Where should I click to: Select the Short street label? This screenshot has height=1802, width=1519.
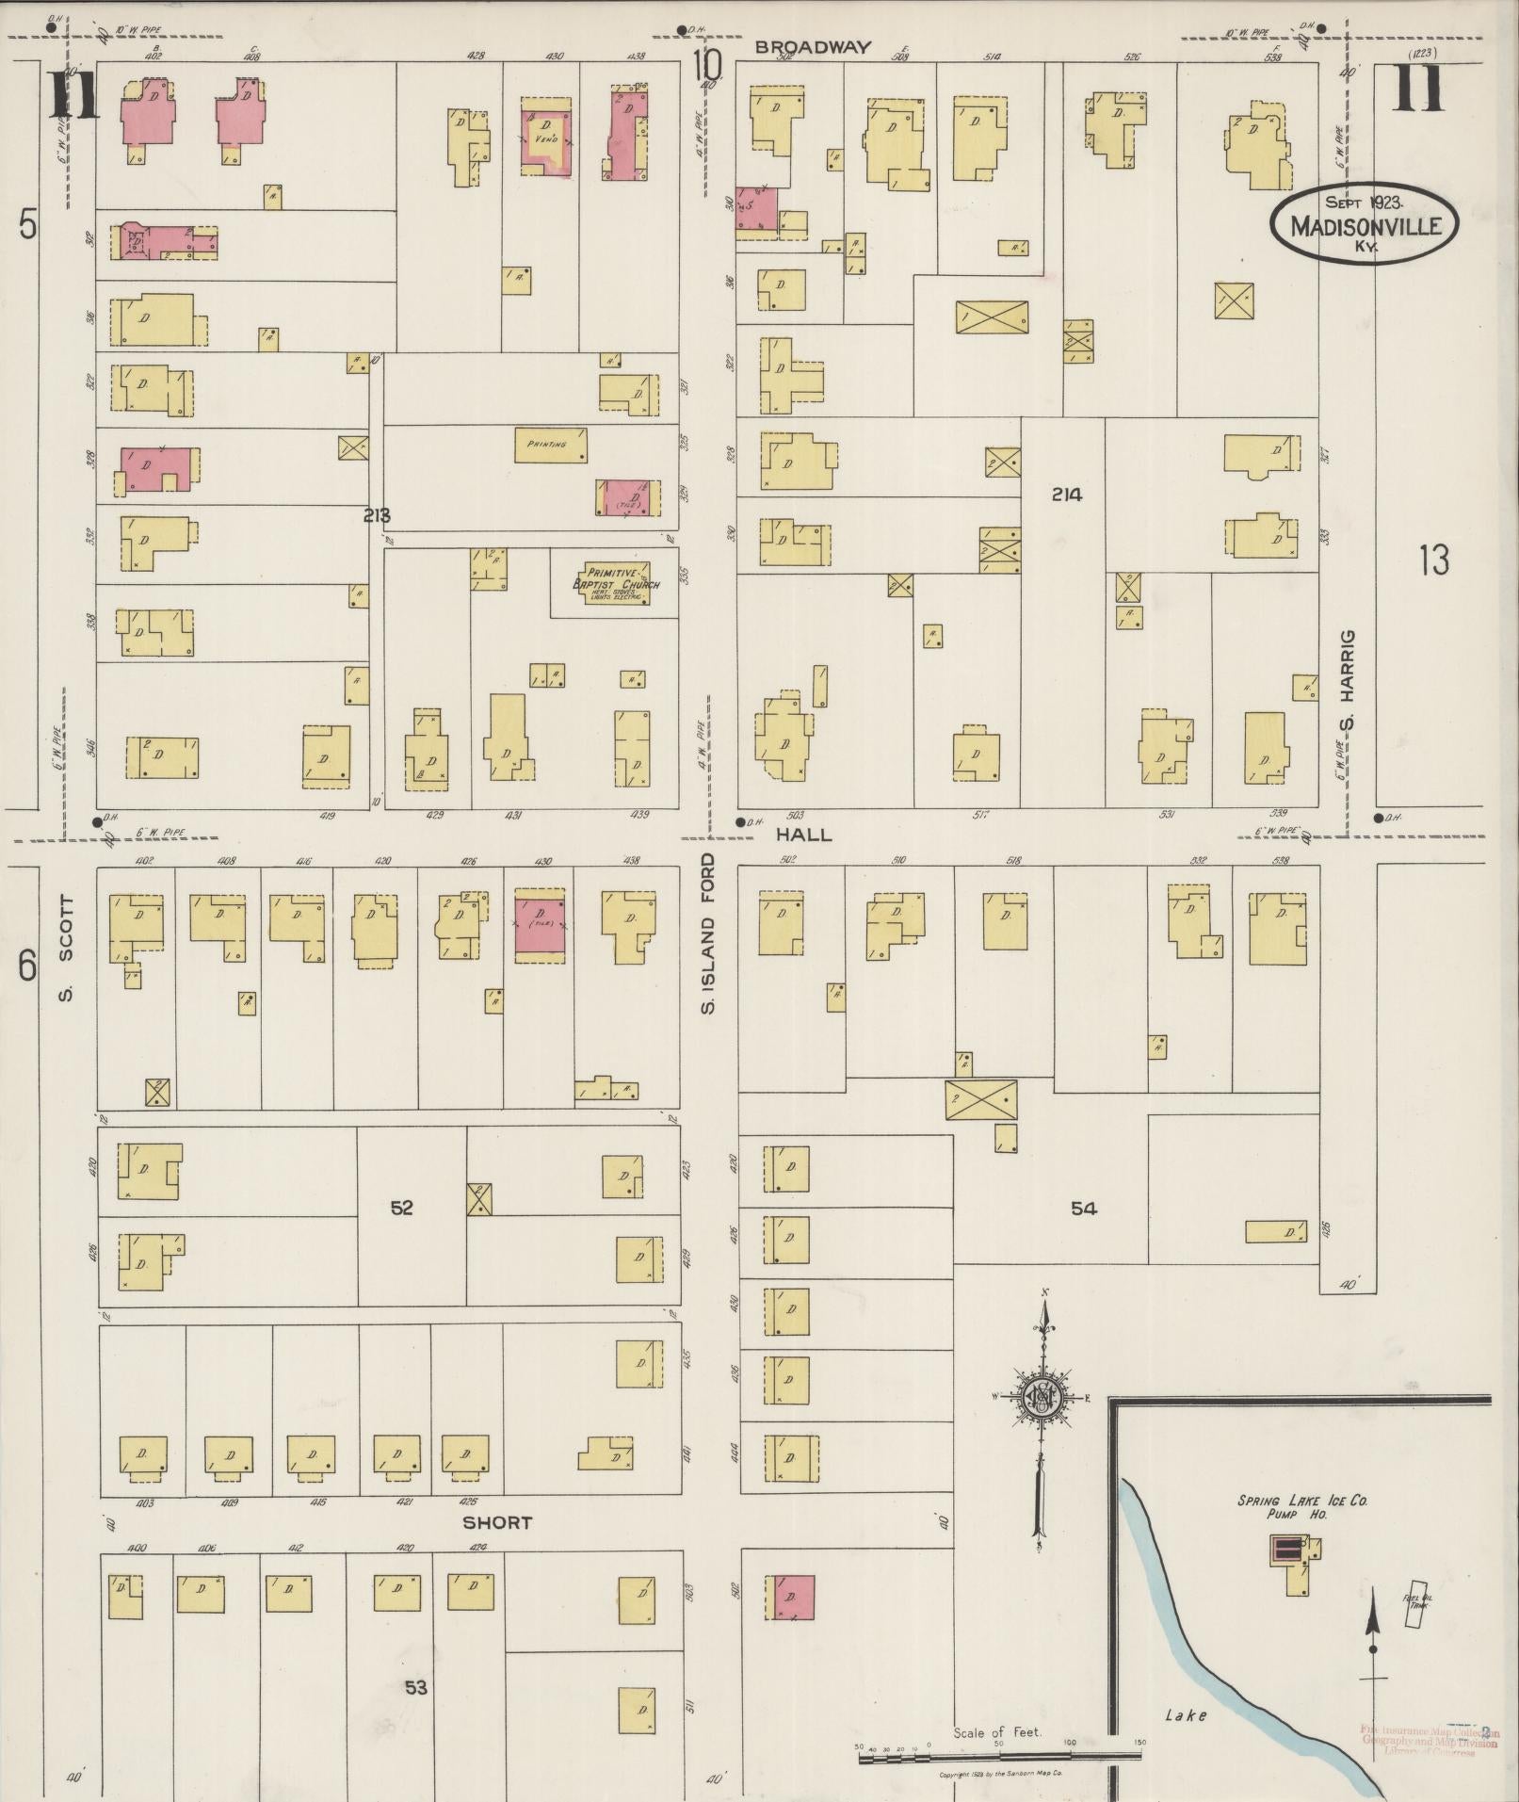point(497,1522)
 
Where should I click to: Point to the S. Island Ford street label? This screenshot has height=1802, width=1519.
point(708,933)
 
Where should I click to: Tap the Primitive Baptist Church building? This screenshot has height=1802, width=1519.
point(617,585)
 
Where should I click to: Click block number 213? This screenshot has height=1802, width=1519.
point(376,515)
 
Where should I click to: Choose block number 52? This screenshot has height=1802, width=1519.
point(401,1208)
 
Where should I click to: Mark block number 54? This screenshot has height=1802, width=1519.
point(1083,1208)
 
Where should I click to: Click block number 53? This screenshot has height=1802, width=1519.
point(415,1687)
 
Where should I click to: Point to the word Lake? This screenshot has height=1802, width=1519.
point(1185,1715)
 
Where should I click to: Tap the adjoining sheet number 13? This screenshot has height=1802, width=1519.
point(1433,561)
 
